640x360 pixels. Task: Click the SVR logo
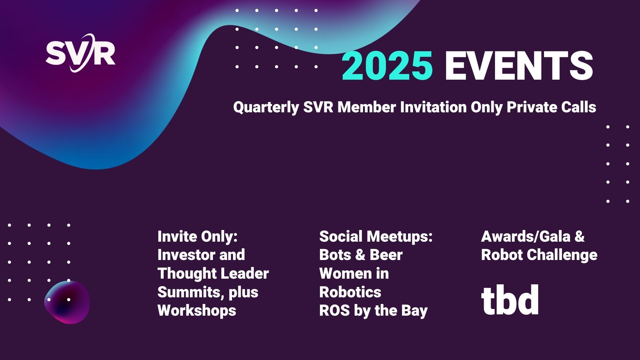click(x=81, y=53)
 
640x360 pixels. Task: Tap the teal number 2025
click(x=388, y=66)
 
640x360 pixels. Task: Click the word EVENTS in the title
click(x=519, y=66)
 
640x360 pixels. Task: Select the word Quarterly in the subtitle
click(x=266, y=107)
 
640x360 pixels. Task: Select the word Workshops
click(x=197, y=310)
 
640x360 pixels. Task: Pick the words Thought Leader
click(x=213, y=274)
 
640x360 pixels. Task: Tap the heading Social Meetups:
click(x=376, y=237)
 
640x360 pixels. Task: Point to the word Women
click(x=343, y=274)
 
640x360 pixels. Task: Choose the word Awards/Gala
click(x=526, y=237)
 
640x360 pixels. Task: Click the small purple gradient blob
click(x=67, y=302)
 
